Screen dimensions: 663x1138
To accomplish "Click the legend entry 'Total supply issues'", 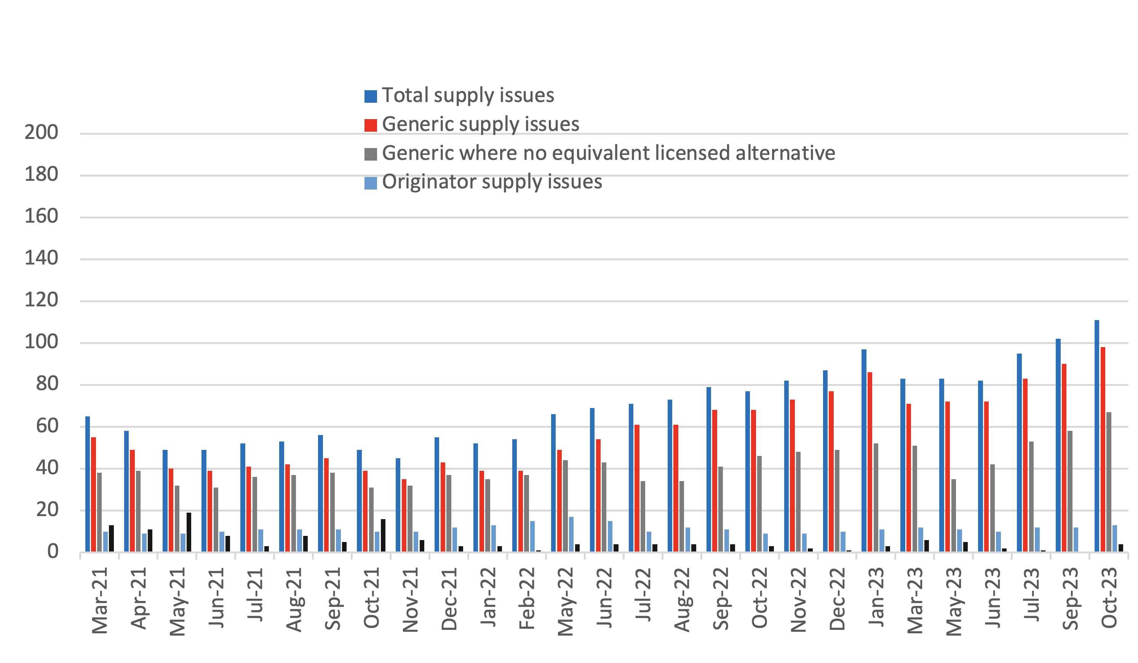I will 468,96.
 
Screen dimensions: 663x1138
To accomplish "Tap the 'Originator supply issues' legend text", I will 492,182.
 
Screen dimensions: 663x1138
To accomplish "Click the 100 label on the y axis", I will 41,342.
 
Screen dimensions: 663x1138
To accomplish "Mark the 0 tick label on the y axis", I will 53,552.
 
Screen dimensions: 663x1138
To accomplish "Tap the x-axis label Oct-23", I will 1109,598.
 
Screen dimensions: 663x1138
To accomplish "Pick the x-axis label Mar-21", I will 100,601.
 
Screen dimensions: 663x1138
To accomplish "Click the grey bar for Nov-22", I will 798,501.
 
